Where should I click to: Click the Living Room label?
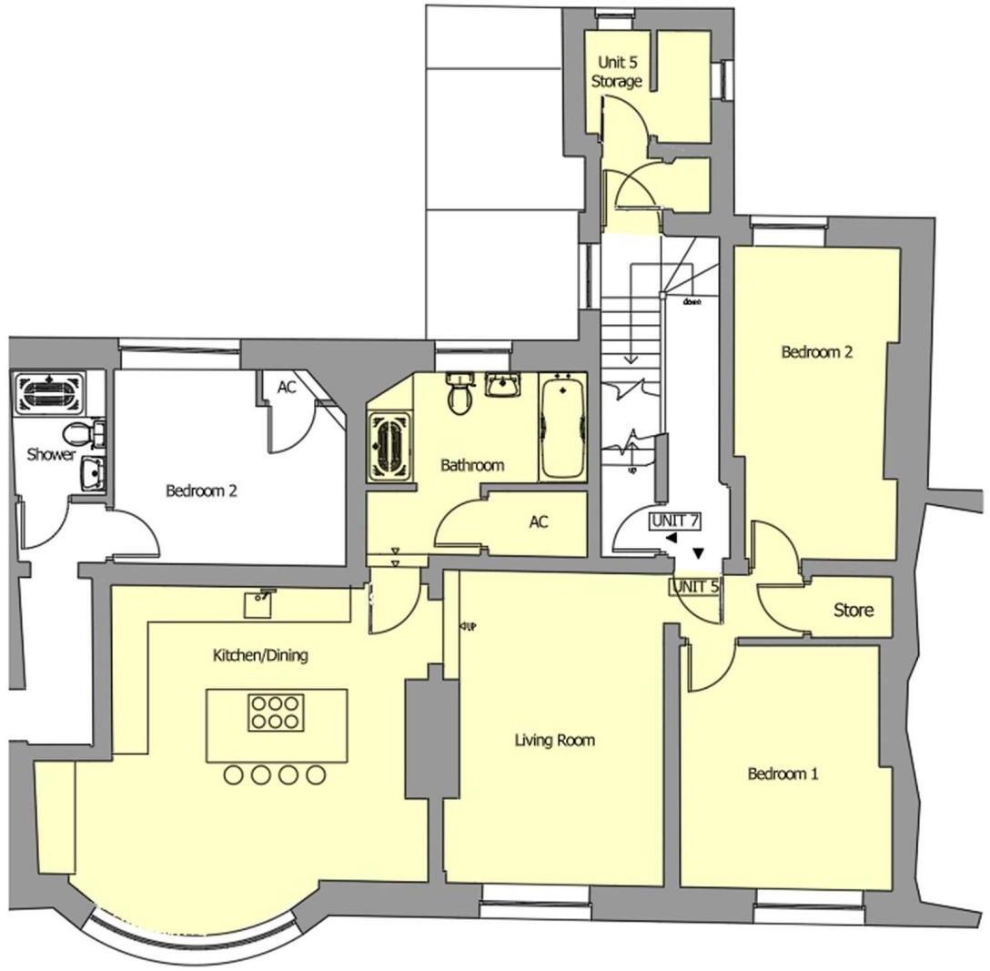[x=554, y=741]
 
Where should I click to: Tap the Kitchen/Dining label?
[x=260, y=655]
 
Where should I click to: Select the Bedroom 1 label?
[x=783, y=774]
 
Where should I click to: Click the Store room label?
[x=854, y=610]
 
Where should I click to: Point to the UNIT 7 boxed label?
[x=674, y=521]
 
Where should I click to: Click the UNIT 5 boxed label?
[x=695, y=587]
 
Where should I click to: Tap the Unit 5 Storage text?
[x=618, y=72]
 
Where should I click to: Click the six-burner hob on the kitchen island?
[x=276, y=713]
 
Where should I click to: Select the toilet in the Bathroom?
[x=460, y=396]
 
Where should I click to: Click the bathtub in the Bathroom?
[x=562, y=427]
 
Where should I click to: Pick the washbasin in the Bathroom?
[x=501, y=385]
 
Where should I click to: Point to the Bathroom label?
[x=472, y=466]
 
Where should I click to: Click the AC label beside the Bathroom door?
[x=539, y=522]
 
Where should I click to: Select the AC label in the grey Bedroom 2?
[x=287, y=387]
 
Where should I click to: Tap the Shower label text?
[x=50, y=454]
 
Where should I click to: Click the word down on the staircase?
[x=692, y=303]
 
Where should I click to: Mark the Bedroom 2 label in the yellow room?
[x=816, y=352]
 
